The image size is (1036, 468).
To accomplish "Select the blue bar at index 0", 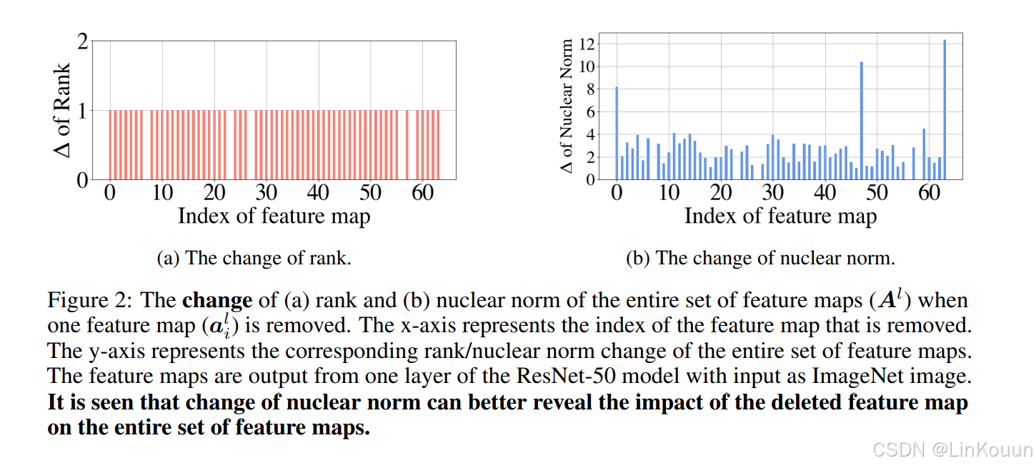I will point(617,133).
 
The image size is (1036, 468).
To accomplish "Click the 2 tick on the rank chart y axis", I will point(83,41).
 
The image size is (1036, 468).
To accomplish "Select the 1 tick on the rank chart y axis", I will point(83,111).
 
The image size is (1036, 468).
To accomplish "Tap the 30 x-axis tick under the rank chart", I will point(266,192).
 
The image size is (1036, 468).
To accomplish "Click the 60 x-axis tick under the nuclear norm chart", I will point(929,192).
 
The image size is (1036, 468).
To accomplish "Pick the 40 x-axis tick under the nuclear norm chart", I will point(825,192).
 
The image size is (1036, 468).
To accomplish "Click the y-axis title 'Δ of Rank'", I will point(62,111).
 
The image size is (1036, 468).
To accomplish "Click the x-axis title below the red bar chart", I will point(274,215).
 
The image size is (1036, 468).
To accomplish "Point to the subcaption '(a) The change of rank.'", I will point(254,258).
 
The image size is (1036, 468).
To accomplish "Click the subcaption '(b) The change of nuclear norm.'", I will point(760,258).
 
